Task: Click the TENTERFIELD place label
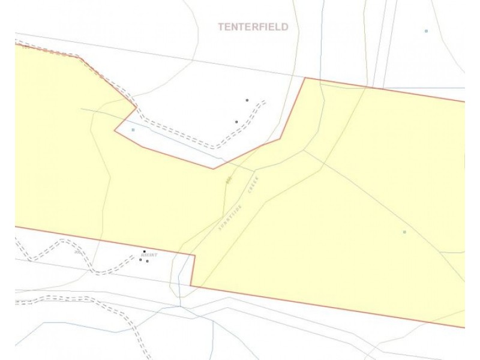coord(253,27)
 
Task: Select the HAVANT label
coord(149,255)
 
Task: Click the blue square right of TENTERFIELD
coord(426,31)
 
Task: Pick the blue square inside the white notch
coord(133,130)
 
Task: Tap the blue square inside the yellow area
coord(404,232)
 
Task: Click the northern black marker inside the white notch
coord(247,100)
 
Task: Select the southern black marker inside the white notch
coord(236,122)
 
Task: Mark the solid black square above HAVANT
coord(144,251)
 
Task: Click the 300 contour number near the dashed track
coord(77,253)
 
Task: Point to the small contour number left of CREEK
coord(229,179)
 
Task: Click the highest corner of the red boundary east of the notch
coord(305,77)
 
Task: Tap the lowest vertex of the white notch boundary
coord(214,169)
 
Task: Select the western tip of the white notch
coord(115,130)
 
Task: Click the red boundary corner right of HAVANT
coord(194,256)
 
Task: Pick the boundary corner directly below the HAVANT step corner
coord(191,286)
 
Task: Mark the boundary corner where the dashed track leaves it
coord(137,107)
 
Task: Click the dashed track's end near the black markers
coord(265,101)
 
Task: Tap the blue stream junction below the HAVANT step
coord(180,306)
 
